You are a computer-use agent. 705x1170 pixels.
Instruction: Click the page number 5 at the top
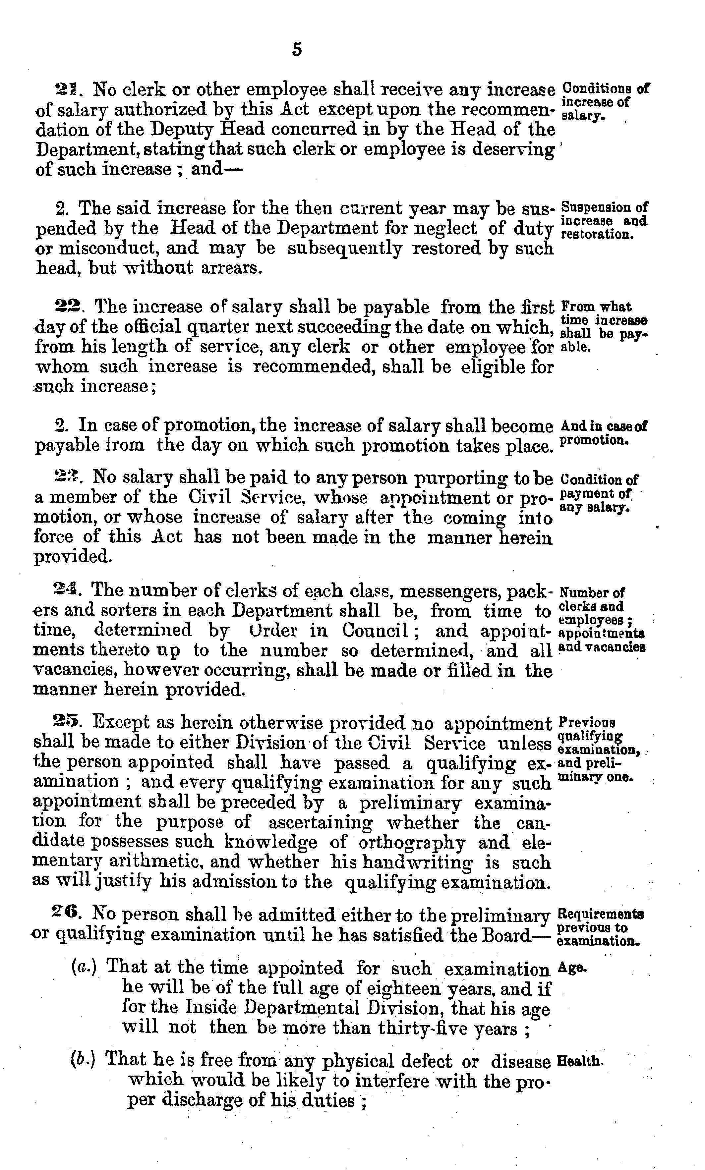pos(297,49)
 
